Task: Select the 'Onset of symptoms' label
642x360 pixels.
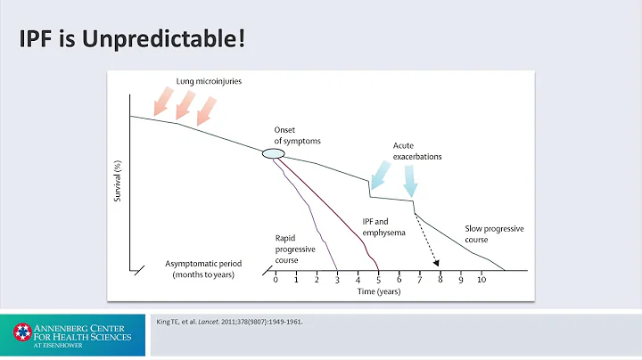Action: point(297,136)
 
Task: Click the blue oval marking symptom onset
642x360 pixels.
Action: point(274,155)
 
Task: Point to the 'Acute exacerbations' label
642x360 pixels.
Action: point(417,151)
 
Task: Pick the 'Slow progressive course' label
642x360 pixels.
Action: point(494,233)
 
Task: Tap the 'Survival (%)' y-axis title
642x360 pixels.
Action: point(118,179)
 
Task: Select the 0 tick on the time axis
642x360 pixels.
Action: point(276,279)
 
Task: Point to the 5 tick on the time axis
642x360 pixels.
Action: point(378,279)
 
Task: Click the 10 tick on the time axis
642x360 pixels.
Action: point(481,279)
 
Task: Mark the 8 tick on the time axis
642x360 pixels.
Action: point(440,279)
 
